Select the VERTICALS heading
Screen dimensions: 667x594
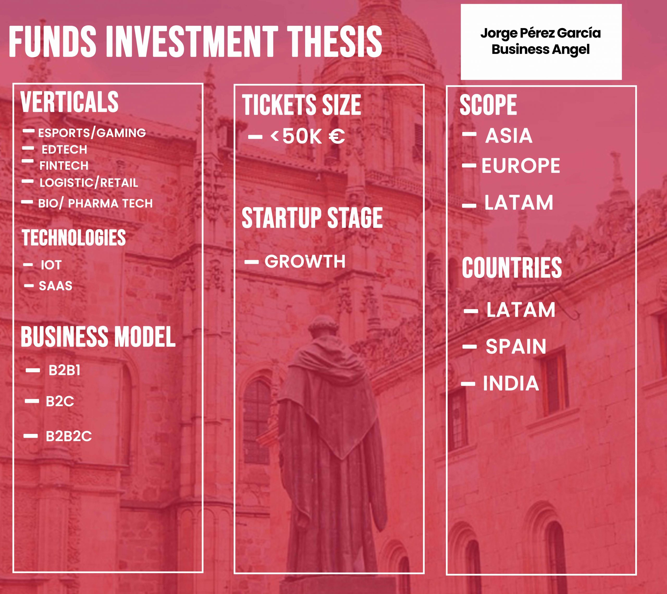pyautogui.click(x=70, y=102)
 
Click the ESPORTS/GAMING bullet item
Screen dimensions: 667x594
pyautogui.click(x=92, y=133)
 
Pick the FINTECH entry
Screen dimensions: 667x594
pyautogui.click(x=64, y=166)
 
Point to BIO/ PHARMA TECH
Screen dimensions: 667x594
pyautogui.click(x=95, y=203)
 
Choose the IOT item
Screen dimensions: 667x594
pyautogui.click(x=51, y=265)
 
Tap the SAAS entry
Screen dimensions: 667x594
pyautogui.click(x=55, y=286)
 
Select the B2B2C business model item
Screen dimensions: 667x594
pyautogui.click(x=69, y=436)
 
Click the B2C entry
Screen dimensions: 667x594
pyautogui.click(x=60, y=401)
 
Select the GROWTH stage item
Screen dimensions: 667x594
pyautogui.click(x=305, y=262)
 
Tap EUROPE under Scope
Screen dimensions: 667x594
pyautogui.click(x=521, y=166)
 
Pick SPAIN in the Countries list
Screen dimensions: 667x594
pyautogui.click(x=516, y=347)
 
